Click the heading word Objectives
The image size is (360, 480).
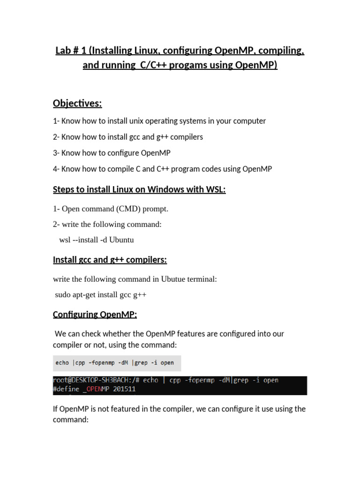click(77, 103)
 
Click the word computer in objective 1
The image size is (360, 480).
click(249, 121)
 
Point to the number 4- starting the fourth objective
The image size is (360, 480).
click(56, 169)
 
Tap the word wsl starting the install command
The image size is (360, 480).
click(65, 240)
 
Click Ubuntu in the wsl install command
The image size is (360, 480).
click(122, 240)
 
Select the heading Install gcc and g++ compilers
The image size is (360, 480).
click(110, 260)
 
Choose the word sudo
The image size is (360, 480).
click(63, 295)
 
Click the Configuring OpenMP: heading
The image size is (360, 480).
click(95, 314)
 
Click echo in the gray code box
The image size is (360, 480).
click(62, 362)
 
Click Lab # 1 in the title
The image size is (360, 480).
click(69, 50)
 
